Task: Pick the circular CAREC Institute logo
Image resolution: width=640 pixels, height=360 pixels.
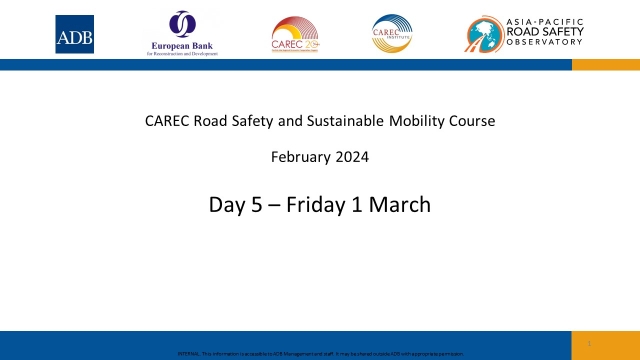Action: click(x=391, y=33)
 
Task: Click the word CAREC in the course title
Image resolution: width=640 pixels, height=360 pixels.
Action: click(x=167, y=122)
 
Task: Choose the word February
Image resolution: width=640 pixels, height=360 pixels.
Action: click(x=301, y=157)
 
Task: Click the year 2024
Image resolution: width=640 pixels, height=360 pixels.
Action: click(x=352, y=157)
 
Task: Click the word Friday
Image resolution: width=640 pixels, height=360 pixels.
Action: click(x=317, y=205)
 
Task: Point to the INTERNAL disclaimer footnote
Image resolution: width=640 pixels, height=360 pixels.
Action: click(x=320, y=355)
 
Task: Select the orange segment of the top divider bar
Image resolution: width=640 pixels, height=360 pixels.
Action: click(x=605, y=64)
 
